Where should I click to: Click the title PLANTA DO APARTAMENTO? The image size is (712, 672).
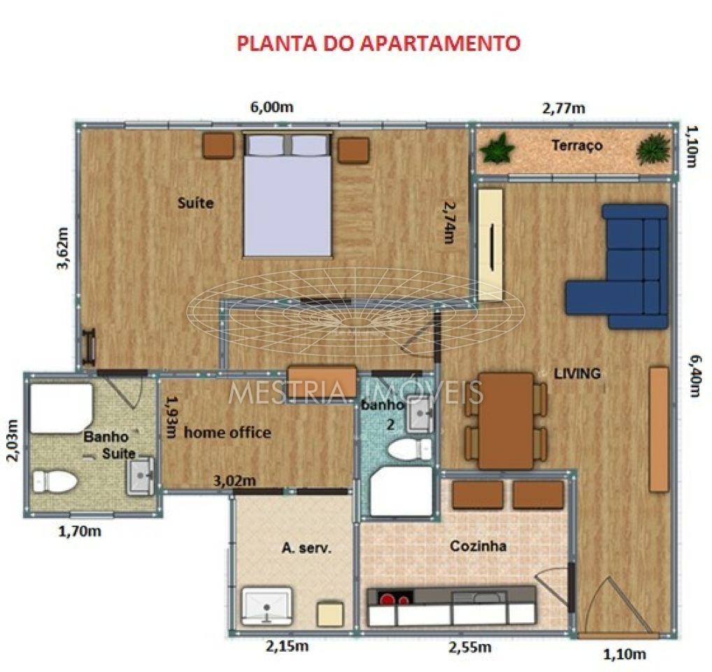click(x=378, y=43)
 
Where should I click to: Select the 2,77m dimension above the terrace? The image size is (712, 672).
click(x=564, y=108)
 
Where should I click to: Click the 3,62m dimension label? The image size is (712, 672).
click(x=63, y=248)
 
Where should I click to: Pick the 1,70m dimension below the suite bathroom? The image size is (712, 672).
click(x=79, y=531)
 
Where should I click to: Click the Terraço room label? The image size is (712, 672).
click(x=576, y=146)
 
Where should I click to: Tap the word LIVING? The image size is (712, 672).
click(x=577, y=373)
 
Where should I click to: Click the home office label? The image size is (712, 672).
click(x=227, y=433)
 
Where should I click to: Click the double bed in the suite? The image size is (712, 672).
click(x=287, y=196)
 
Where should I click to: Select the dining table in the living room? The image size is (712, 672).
click(x=506, y=421)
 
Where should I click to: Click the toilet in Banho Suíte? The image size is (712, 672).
click(x=55, y=481)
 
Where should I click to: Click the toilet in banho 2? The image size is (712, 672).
click(x=409, y=449)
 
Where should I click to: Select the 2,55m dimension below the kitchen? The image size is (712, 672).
click(x=467, y=647)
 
